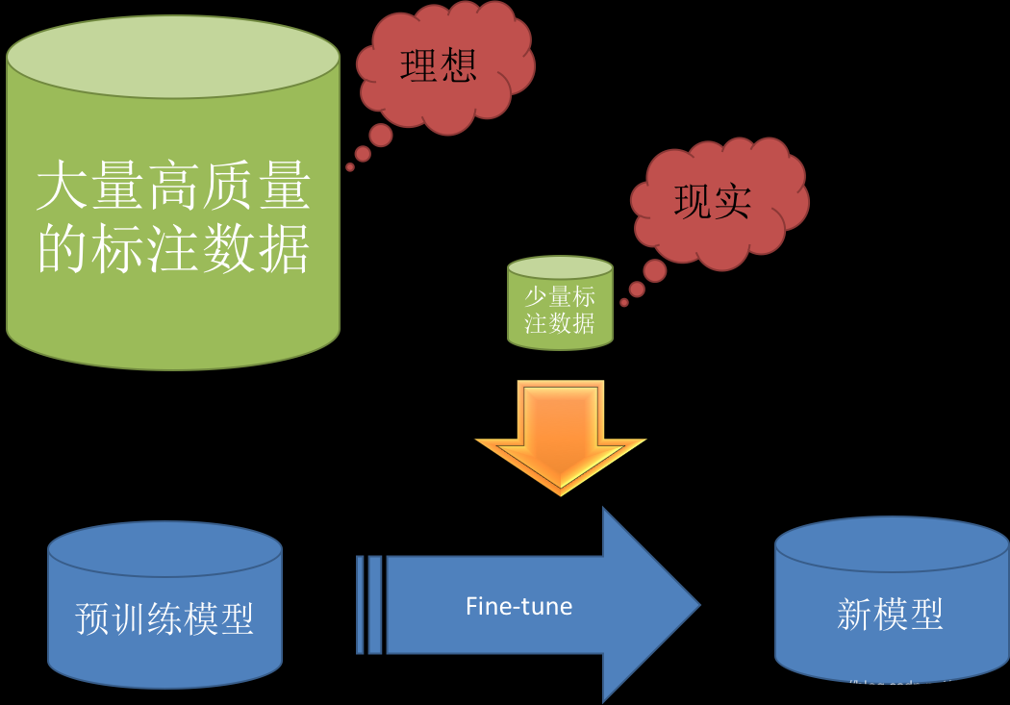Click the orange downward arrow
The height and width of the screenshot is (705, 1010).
click(560, 433)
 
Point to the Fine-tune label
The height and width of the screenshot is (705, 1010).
click(518, 606)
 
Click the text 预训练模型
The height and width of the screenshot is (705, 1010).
click(164, 618)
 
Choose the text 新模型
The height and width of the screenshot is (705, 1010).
click(890, 614)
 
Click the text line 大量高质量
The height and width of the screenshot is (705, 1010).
click(173, 187)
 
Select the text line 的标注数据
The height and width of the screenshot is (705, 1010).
click(173, 249)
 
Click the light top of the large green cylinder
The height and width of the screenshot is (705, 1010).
click(173, 57)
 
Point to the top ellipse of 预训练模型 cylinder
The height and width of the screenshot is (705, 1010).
click(164, 549)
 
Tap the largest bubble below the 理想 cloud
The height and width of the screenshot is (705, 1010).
click(381, 135)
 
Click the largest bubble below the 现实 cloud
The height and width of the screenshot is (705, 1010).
click(655, 270)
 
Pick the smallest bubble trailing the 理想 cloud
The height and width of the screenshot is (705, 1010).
click(350, 167)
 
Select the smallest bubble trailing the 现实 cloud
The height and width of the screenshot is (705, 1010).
click(624, 302)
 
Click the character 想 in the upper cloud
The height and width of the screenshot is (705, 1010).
click(459, 66)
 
